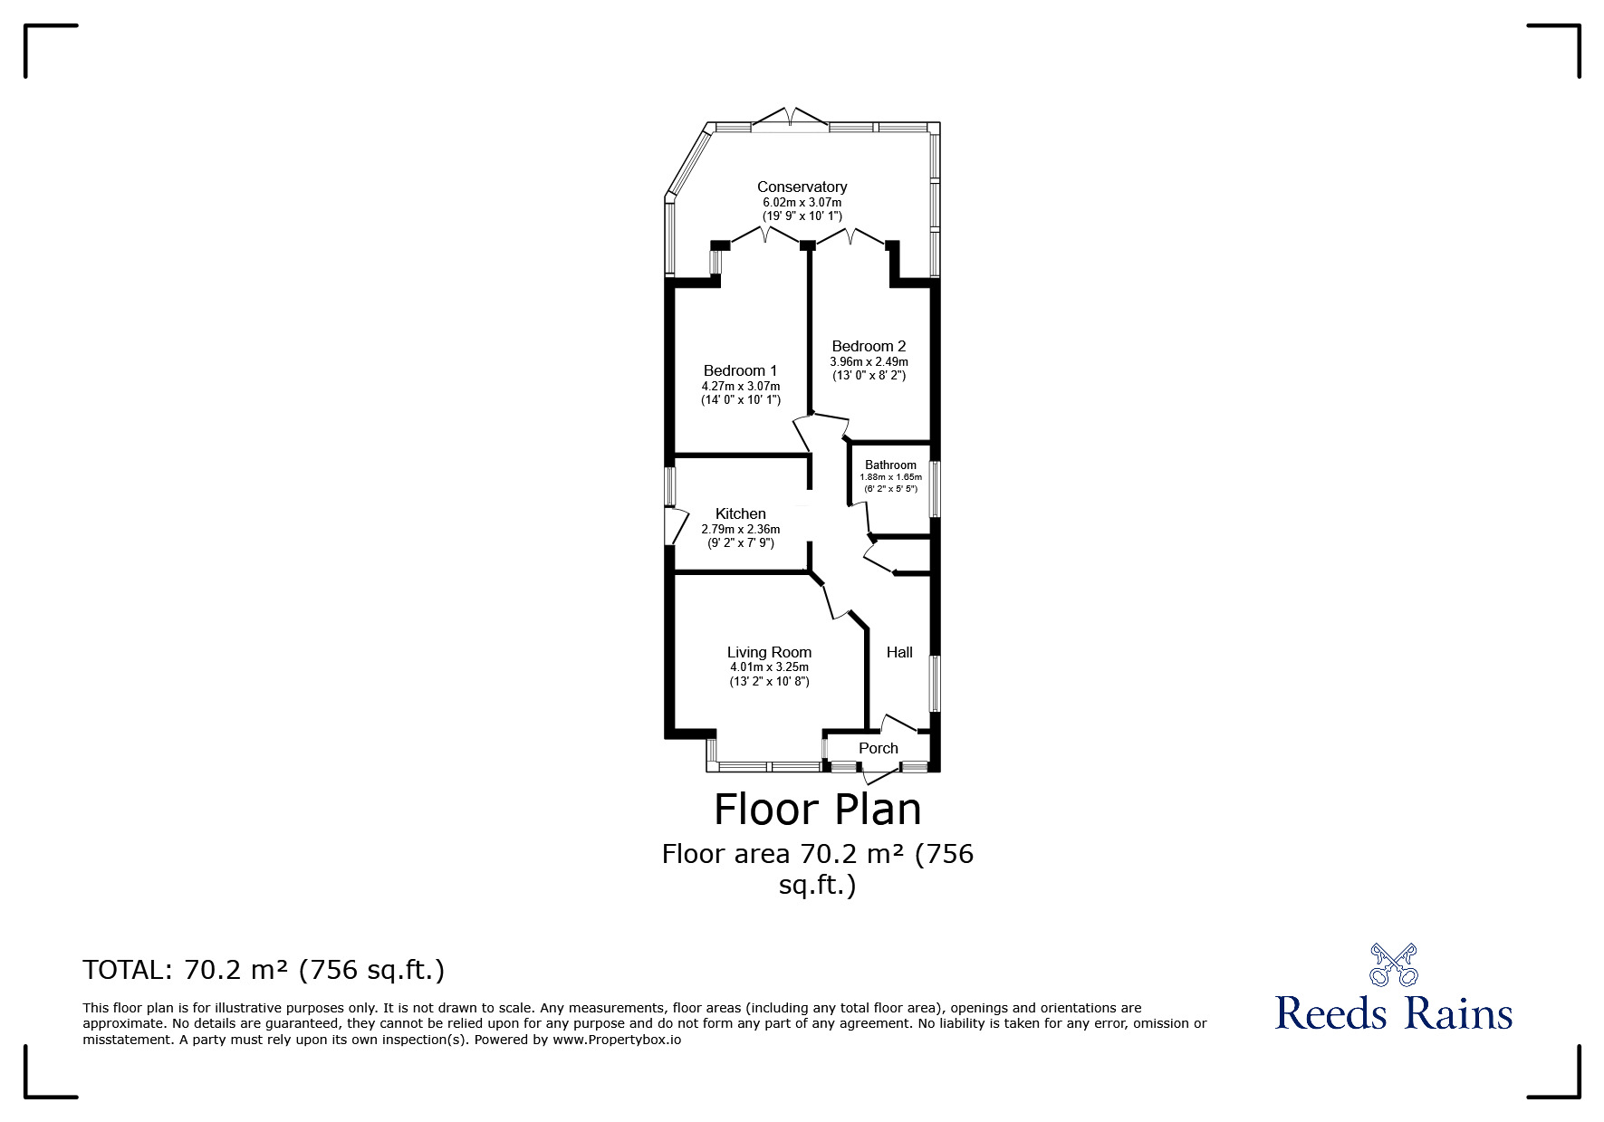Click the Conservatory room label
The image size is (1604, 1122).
tap(802, 187)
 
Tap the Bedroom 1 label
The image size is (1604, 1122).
tap(740, 370)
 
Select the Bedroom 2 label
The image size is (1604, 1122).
tap(869, 346)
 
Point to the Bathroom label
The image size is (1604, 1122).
tap(890, 465)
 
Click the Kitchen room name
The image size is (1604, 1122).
tap(740, 513)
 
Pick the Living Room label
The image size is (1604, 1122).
tap(769, 652)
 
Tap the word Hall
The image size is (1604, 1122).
tap(899, 652)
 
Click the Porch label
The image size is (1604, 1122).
tap(879, 748)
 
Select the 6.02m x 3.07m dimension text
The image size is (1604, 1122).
tap(802, 203)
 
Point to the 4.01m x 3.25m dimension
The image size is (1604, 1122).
tap(769, 667)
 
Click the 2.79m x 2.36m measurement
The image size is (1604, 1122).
tap(740, 530)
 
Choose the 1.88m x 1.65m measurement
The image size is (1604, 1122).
tap(890, 477)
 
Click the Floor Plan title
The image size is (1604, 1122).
tap(818, 810)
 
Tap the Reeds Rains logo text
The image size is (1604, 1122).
tap(1394, 1013)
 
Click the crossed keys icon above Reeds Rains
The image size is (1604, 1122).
tap(1394, 964)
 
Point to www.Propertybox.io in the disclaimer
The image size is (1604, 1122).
tap(617, 1040)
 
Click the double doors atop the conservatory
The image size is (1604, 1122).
tap(790, 118)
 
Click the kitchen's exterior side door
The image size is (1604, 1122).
tap(675, 526)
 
